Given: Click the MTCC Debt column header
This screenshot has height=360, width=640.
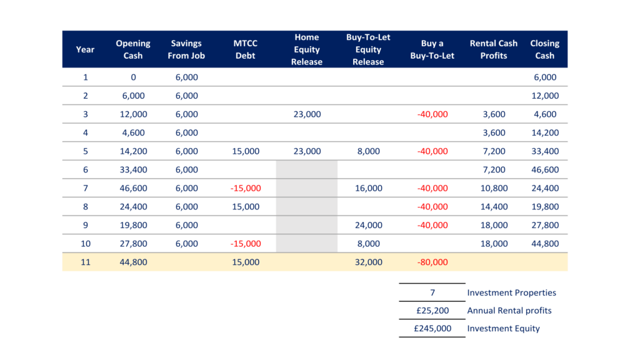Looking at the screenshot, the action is coord(245,49).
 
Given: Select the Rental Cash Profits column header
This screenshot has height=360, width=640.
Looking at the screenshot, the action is coord(494,49).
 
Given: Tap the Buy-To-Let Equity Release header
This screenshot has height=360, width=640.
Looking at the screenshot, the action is coord(368,49).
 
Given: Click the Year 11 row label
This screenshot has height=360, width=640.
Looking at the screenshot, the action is coord(85,262).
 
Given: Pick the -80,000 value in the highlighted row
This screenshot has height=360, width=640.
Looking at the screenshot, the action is coord(432,262).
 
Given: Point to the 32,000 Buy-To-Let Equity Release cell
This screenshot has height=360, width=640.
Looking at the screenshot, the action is coord(368,262).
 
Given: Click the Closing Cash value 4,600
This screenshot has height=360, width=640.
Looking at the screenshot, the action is coord(545,114).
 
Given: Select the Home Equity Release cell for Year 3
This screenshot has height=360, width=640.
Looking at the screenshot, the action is coord(307,114).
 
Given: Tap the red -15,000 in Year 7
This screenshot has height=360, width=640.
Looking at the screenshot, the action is coord(245,188).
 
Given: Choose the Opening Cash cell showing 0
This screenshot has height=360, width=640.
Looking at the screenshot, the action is coord(134,77).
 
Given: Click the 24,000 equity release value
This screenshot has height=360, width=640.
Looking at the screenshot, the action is coord(368,225).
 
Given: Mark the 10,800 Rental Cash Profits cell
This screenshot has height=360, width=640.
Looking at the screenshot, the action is coord(494,188).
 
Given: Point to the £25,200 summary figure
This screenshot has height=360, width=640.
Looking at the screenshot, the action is coord(432,311).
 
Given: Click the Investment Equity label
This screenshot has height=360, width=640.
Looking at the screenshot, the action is coord(503,329).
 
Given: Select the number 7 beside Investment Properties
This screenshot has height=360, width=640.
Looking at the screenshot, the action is coord(432,292).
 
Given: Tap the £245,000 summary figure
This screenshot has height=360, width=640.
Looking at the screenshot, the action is coord(432,329).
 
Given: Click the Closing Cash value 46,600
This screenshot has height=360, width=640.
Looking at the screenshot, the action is coord(545,170).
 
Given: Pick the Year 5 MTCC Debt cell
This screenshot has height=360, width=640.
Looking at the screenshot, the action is coord(245,151).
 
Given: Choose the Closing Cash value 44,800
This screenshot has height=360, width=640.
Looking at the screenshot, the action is coord(545,244).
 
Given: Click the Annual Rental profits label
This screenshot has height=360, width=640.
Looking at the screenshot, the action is coord(509,311).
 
